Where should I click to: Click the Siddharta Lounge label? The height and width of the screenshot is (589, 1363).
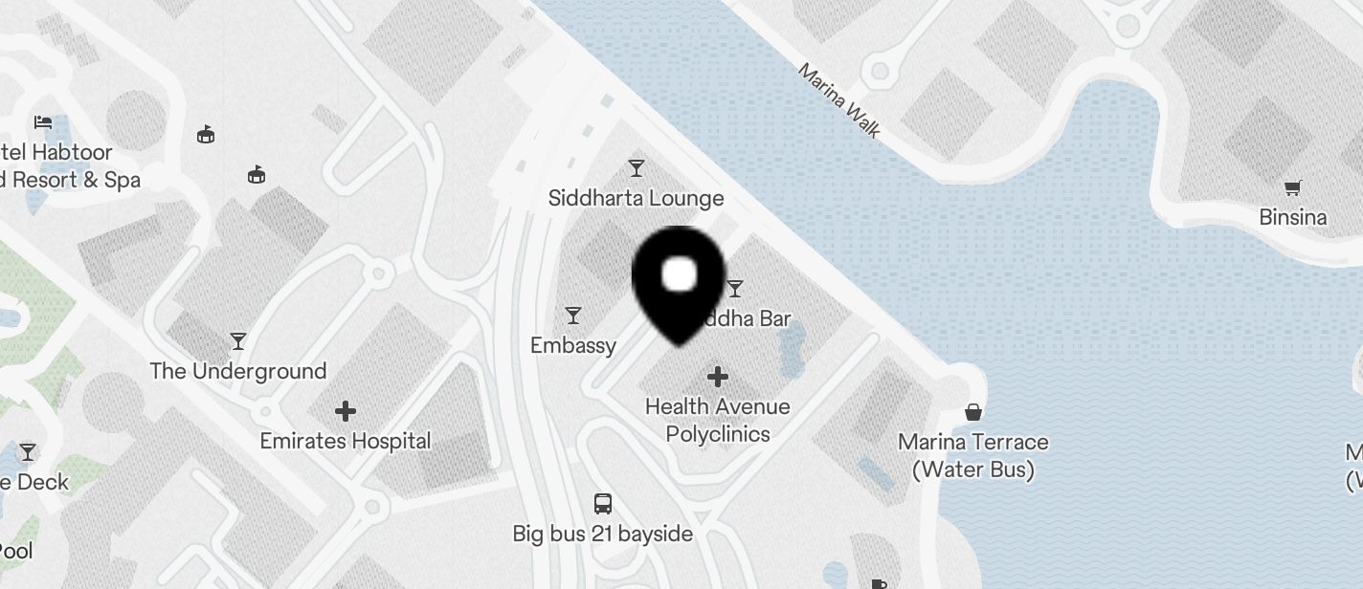(x=636, y=198)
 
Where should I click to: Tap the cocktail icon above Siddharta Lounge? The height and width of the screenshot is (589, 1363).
(x=637, y=169)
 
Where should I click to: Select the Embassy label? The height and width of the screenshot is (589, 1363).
(x=573, y=345)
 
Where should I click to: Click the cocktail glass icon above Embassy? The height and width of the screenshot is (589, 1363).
(x=573, y=316)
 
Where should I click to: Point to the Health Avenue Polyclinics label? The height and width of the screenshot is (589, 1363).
(x=718, y=420)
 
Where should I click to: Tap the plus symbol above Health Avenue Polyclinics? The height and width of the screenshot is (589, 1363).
(x=718, y=377)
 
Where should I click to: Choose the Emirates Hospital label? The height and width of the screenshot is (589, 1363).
(x=346, y=441)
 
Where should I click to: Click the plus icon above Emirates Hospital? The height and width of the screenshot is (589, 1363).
(x=346, y=411)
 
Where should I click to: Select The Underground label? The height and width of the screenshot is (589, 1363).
(x=238, y=371)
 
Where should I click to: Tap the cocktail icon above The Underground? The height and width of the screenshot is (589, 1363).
(x=238, y=341)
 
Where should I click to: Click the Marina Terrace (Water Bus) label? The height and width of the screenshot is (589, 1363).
(x=973, y=455)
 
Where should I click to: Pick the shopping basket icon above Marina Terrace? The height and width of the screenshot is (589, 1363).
(x=973, y=412)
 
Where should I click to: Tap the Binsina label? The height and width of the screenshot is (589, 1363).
(x=1293, y=217)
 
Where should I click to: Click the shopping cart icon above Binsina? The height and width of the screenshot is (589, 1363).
(x=1293, y=187)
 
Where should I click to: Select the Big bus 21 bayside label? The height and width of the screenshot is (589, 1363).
(x=603, y=534)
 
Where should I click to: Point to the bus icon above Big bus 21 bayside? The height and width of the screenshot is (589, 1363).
(x=603, y=503)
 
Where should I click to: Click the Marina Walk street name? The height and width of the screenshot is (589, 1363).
(x=838, y=100)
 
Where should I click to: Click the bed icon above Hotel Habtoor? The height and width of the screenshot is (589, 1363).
(x=43, y=122)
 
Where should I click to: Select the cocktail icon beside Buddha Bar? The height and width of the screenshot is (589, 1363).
(x=735, y=288)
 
